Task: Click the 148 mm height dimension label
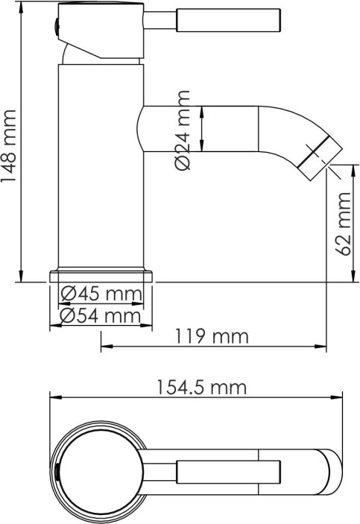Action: point(8,145)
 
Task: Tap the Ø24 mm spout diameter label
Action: point(183,130)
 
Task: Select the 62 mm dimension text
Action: point(344,224)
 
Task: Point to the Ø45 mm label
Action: point(101,294)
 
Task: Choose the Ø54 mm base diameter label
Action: point(101,316)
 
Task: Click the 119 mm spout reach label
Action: point(212,336)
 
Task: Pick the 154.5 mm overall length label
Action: point(202,388)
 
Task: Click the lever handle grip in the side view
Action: point(228,20)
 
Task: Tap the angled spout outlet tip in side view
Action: point(320,158)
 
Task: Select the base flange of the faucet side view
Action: point(101,275)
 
